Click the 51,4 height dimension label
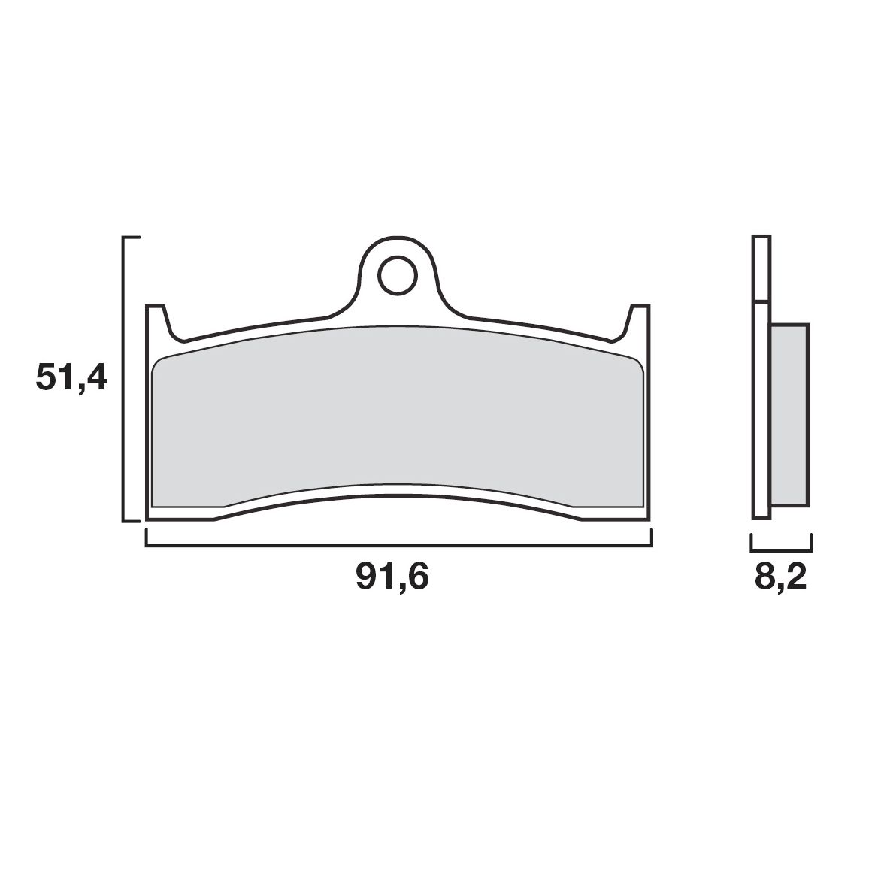coord(71,378)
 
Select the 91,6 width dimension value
coord(392,577)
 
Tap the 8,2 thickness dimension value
coord(781,577)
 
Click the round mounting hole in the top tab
coord(398,276)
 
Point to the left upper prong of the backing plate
coord(156,319)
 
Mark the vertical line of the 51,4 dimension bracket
coord(123,378)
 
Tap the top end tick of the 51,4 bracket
coord(132,238)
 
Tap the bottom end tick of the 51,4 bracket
coord(132,520)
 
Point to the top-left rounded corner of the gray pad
coord(156,364)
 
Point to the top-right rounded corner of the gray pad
coord(639,364)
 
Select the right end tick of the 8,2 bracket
coord(811,543)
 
